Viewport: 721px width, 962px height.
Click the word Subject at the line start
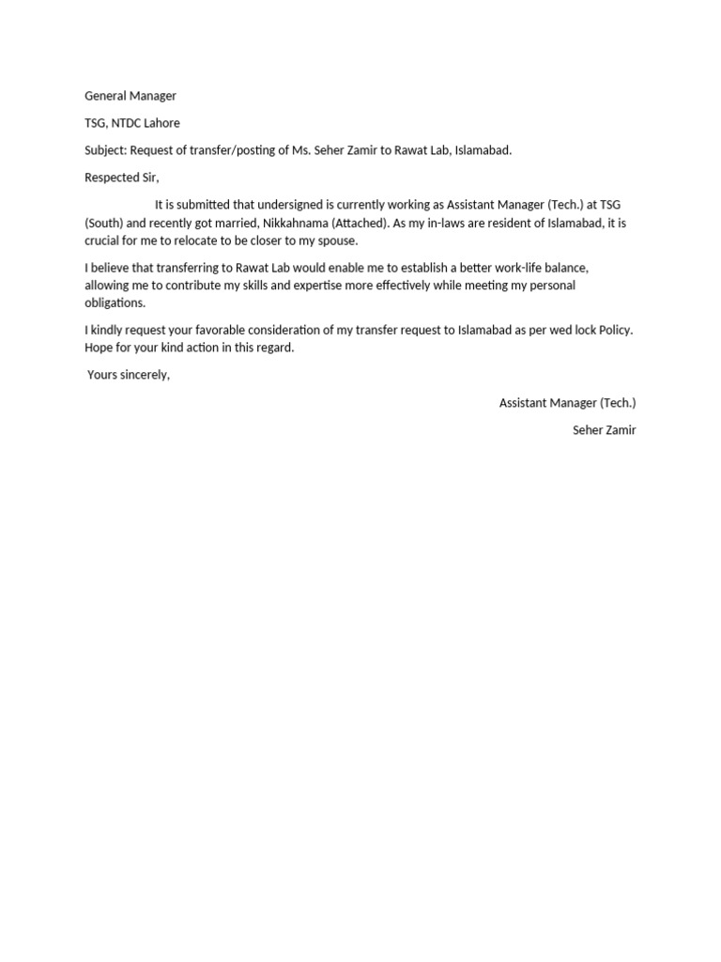(x=105, y=150)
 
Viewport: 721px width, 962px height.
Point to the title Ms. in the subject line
(x=309, y=150)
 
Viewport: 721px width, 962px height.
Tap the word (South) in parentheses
(x=104, y=224)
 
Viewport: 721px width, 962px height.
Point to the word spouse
(x=337, y=240)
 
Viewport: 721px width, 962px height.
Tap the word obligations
(x=115, y=303)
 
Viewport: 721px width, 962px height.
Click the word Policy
(x=616, y=330)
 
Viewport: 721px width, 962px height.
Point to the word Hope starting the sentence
(x=100, y=348)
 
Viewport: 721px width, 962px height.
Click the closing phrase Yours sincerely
(x=129, y=375)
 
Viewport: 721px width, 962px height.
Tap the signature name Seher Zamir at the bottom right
(x=604, y=430)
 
